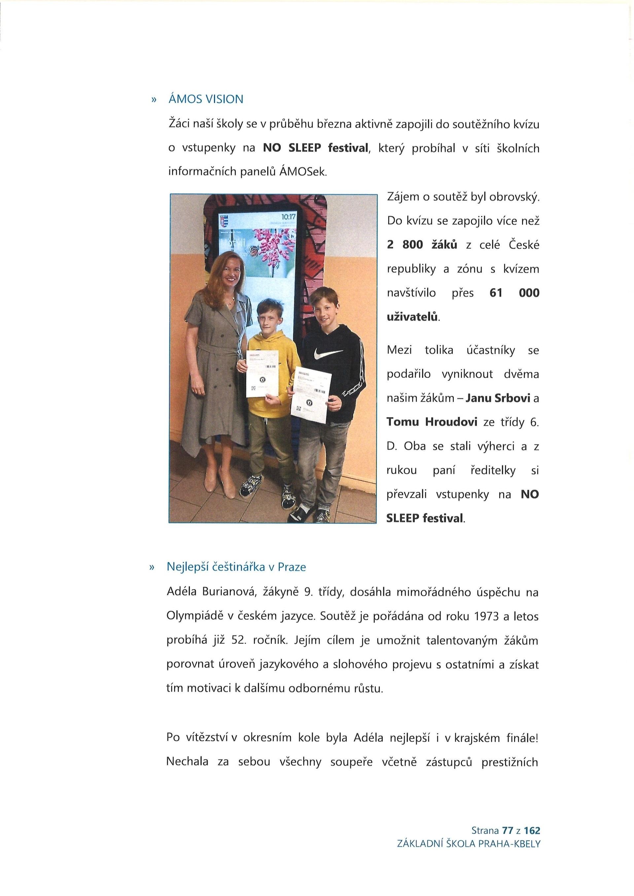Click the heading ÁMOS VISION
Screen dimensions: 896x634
point(205,100)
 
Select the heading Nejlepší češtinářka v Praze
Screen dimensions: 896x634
point(236,567)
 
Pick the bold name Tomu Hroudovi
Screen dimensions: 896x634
point(432,422)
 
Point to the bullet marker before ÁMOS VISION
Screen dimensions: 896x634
point(154,100)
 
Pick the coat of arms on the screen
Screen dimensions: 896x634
point(223,222)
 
